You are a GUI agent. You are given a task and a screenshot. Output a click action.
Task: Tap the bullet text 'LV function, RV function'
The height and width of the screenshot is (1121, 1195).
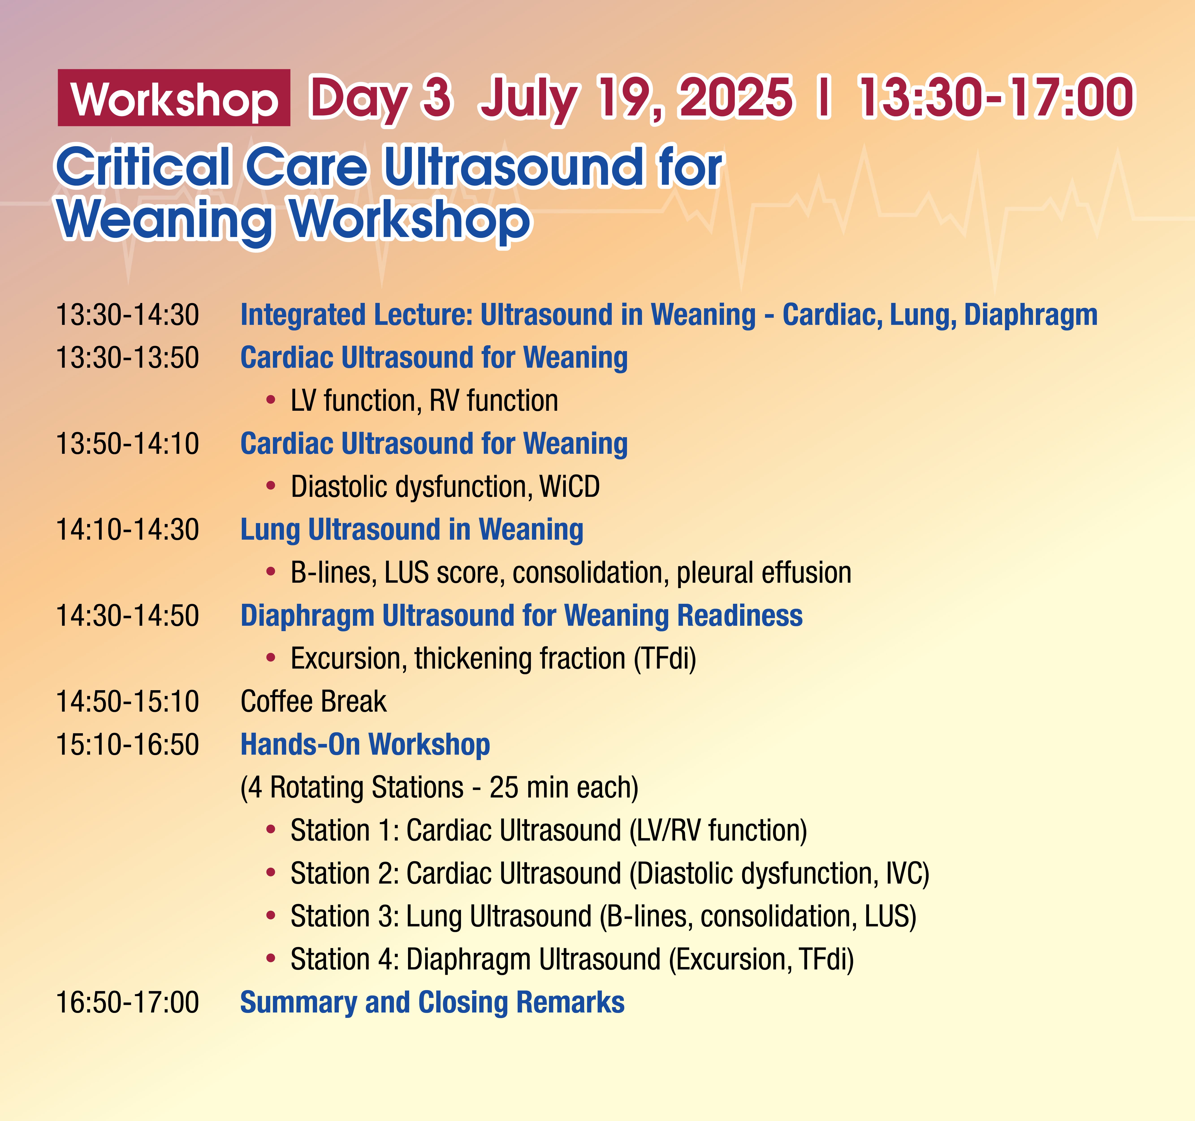tap(424, 400)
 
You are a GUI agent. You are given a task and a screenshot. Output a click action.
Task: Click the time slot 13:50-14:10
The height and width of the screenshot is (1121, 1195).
tap(127, 444)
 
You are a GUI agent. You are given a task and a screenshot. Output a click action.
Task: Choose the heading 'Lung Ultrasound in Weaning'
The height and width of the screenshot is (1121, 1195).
tap(412, 530)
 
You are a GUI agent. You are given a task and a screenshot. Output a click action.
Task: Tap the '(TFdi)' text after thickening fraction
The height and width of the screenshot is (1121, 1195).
tap(665, 658)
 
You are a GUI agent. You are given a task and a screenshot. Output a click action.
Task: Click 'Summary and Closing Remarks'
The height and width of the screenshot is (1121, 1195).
tap(432, 1003)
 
